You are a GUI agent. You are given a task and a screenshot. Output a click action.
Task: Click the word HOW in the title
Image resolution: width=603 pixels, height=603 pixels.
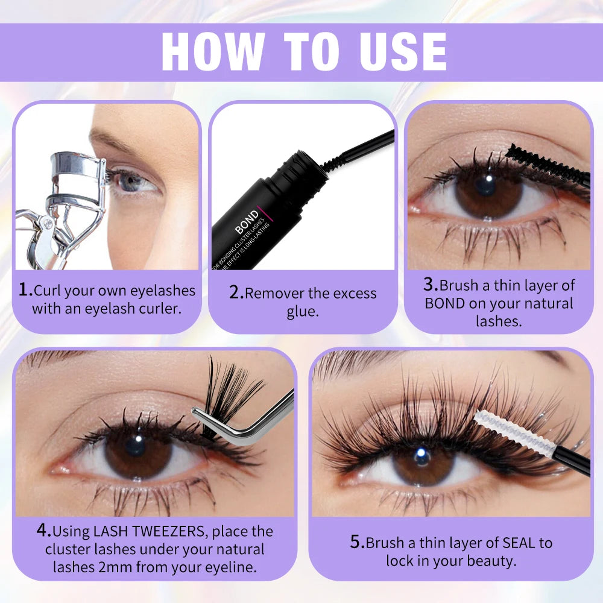pyautogui.click(x=213, y=52)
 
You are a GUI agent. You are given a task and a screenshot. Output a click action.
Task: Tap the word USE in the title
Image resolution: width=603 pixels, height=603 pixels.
pyautogui.click(x=399, y=52)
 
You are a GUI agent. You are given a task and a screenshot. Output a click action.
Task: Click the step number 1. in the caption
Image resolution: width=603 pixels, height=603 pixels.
pyautogui.click(x=25, y=290)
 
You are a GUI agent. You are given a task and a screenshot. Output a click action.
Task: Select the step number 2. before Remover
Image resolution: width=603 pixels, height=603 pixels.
pyautogui.click(x=236, y=294)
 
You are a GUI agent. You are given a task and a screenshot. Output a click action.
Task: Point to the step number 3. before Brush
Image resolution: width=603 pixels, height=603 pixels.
pyautogui.click(x=431, y=285)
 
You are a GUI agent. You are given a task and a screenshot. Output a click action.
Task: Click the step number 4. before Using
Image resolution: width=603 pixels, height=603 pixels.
pyautogui.click(x=43, y=531)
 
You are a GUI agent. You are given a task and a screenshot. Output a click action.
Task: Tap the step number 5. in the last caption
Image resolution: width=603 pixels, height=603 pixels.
pyautogui.click(x=357, y=542)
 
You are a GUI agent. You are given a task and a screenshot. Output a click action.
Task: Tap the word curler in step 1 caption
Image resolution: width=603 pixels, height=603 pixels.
pyautogui.click(x=160, y=309)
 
